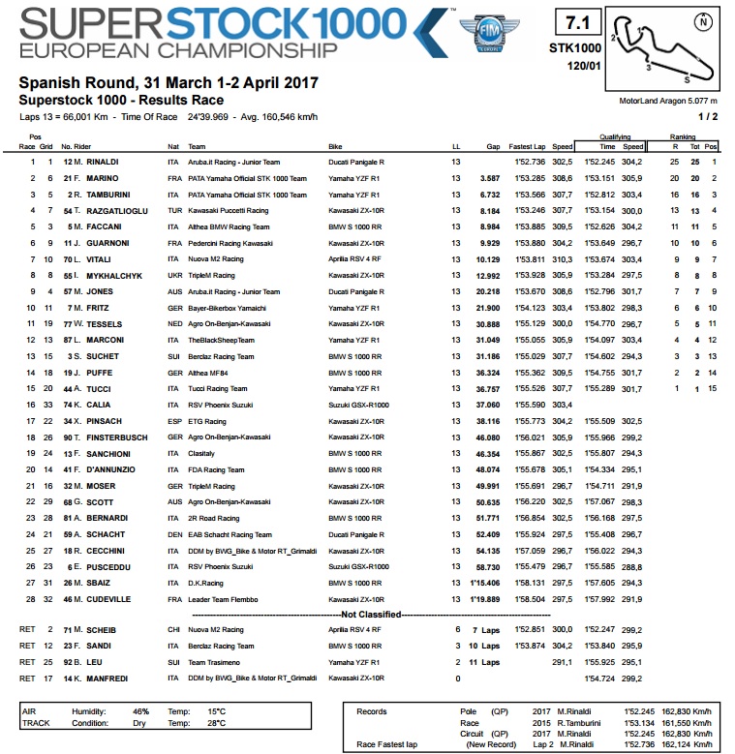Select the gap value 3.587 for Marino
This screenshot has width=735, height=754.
tap(499, 178)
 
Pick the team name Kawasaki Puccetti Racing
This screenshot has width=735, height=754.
tap(226, 210)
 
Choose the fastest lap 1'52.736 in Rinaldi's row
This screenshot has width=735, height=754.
tap(533, 162)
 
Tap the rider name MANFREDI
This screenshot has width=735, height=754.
tap(103, 679)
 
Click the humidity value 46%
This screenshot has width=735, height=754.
tap(141, 710)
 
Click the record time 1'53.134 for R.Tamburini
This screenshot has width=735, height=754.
tap(643, 722)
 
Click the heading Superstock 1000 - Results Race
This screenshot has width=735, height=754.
tap(121, 100)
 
